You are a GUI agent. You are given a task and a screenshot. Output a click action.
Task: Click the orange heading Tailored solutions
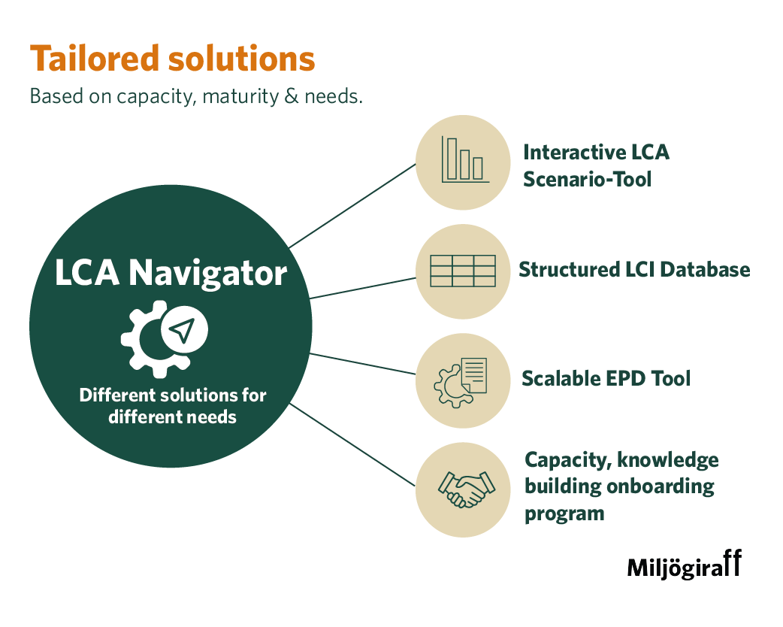172,59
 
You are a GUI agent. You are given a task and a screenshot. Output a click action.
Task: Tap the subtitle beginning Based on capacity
195,97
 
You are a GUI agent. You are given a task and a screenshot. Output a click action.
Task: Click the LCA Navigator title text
171,273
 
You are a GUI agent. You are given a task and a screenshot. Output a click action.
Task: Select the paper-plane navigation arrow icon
183,329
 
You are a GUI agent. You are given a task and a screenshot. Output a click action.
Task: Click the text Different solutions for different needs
173,405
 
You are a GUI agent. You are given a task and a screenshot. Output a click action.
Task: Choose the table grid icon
462,271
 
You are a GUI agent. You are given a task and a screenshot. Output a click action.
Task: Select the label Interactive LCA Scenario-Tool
596,165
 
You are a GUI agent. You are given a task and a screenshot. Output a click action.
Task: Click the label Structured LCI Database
634,269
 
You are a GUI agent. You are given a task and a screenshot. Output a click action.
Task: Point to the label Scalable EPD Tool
606,378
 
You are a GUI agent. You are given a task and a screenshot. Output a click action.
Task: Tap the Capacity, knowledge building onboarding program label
621,486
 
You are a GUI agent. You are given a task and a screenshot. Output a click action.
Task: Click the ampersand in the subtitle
291,97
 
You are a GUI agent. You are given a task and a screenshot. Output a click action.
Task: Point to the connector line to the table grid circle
362,288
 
